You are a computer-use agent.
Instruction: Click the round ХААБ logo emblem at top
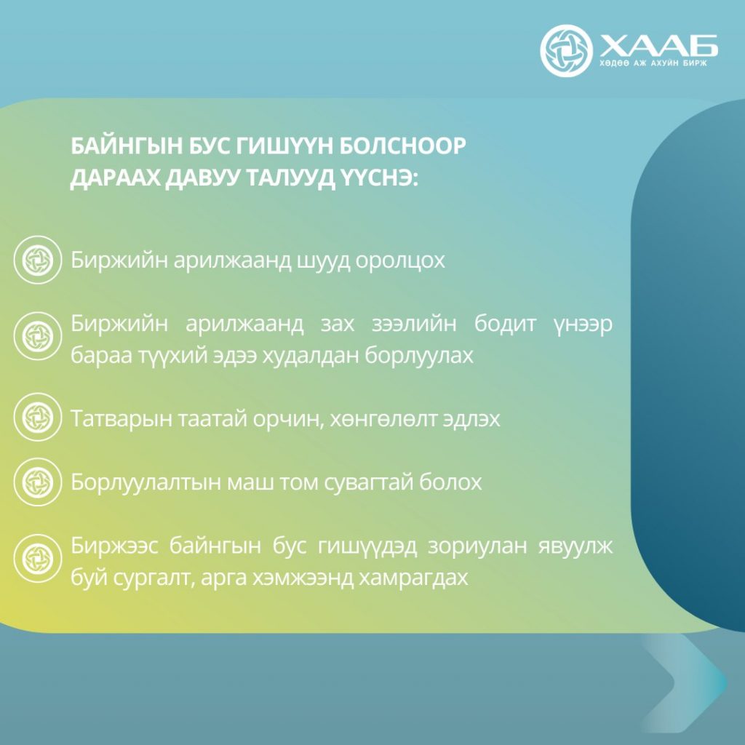[x=566, y=51]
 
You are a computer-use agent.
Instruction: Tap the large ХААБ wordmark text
[x=658, y=46]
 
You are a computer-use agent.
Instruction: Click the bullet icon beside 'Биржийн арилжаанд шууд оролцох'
[x=38, y=260]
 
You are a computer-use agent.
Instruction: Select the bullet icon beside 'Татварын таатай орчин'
[x=38, y=417]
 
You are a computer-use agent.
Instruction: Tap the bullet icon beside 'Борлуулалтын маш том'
[x=38, y=482]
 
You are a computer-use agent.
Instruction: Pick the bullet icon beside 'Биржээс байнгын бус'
[x=38, y=558]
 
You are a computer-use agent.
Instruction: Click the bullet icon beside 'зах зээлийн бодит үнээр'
[x=38, y=336]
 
